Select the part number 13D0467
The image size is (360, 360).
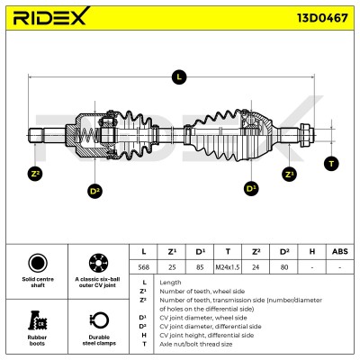tap(322, 18)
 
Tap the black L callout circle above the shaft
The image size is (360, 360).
tap(179, 76)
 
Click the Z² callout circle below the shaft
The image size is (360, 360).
tap(35, 174)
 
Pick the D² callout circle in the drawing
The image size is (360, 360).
tap(94, 191)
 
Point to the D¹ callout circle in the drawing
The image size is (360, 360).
tap(251, 188)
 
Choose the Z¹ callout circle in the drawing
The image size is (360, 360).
tap(290, 175)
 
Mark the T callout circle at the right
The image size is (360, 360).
tap(331, 164)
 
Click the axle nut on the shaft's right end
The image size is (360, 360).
tap(307, 135)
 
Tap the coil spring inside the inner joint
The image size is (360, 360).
tap(85, 136)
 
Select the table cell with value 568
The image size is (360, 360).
tap(143, 267)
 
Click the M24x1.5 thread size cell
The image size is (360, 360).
tap(228, 267)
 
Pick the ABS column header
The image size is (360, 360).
tap(339, 251)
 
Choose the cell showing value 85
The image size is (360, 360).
tap(200, 267)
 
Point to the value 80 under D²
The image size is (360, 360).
tap(284, 267)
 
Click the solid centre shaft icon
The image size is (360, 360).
tap(38, 263)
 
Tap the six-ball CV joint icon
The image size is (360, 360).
tap(98, 263)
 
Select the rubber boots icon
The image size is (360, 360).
tap(38, 320)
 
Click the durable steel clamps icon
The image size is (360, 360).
tap(99, 320)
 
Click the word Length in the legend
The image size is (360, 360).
tap(170, 283)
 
